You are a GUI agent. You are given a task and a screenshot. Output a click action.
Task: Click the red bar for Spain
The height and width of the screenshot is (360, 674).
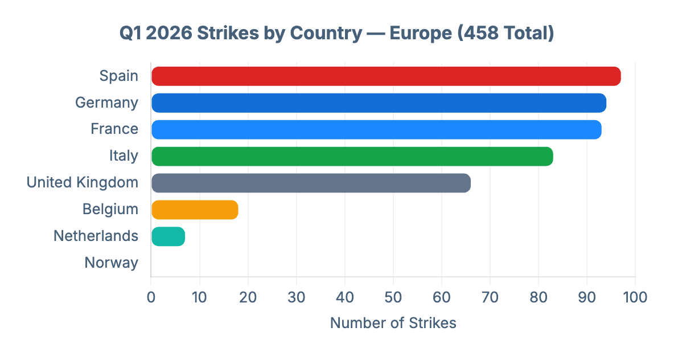coord(386,76)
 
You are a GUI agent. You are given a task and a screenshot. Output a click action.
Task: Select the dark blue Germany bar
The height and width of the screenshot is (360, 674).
coord(379,103)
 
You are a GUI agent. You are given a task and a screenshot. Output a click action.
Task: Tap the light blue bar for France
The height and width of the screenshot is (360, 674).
coord(376,130)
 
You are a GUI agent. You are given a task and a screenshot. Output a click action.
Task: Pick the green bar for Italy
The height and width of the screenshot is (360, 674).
coord(352,156)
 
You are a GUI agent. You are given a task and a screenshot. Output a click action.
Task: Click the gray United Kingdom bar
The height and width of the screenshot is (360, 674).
coord(311,183)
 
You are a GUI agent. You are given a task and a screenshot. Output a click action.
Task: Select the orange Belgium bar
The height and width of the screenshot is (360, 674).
coord(195,210)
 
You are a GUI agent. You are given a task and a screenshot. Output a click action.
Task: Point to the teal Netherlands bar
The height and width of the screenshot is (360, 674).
coord(168,236)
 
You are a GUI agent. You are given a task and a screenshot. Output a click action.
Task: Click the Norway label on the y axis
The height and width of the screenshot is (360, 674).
coord(111,263)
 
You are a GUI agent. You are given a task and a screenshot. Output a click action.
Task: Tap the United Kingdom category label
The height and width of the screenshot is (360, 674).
coord(83,182)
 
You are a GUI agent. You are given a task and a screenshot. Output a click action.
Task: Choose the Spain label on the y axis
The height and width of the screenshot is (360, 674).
coord(118,76)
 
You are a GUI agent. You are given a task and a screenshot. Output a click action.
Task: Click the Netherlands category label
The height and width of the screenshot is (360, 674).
coord(96,236)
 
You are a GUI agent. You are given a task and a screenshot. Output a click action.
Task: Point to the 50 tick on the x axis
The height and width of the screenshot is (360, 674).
coord(393,297)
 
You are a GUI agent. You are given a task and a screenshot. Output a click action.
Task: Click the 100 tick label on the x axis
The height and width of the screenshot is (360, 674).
coord(635,297)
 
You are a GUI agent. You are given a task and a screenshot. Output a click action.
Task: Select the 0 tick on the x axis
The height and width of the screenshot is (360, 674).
coord(151,297)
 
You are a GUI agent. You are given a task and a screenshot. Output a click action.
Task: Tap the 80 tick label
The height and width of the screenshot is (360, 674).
coord(538,297)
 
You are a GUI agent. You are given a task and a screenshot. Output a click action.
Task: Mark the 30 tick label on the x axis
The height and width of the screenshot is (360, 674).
coord(296,297)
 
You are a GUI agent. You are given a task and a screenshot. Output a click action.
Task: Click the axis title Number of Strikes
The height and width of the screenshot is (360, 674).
coord(393,323)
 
